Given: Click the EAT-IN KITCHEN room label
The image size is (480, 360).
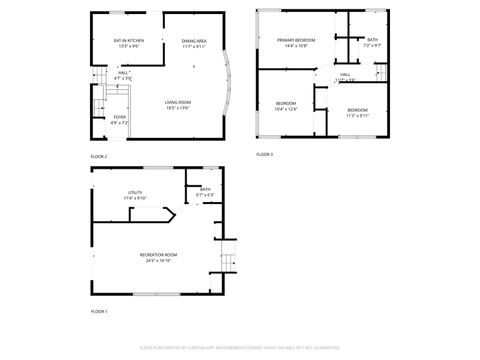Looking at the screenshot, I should tap(130, 41).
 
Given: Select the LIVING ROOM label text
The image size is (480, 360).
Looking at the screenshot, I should tap(178, 103).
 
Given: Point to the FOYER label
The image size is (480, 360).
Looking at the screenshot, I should tap(119, 120).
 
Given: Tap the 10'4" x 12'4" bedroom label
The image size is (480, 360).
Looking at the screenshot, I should tap(287, 106).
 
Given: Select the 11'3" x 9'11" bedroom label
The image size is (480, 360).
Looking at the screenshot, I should tap(358, 112).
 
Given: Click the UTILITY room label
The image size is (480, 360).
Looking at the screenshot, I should tap(135, 194).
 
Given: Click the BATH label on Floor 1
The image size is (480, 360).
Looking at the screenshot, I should tap(205, 191).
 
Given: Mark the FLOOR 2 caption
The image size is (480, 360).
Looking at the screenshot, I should tap(99, 157).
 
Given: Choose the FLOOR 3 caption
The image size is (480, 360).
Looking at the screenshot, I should tap(264, 154).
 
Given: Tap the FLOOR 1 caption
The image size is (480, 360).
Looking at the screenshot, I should tap(99, 312).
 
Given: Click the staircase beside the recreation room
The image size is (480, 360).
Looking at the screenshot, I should tap(228, 262).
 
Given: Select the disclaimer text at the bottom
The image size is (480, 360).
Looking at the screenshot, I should tap(239, 347).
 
